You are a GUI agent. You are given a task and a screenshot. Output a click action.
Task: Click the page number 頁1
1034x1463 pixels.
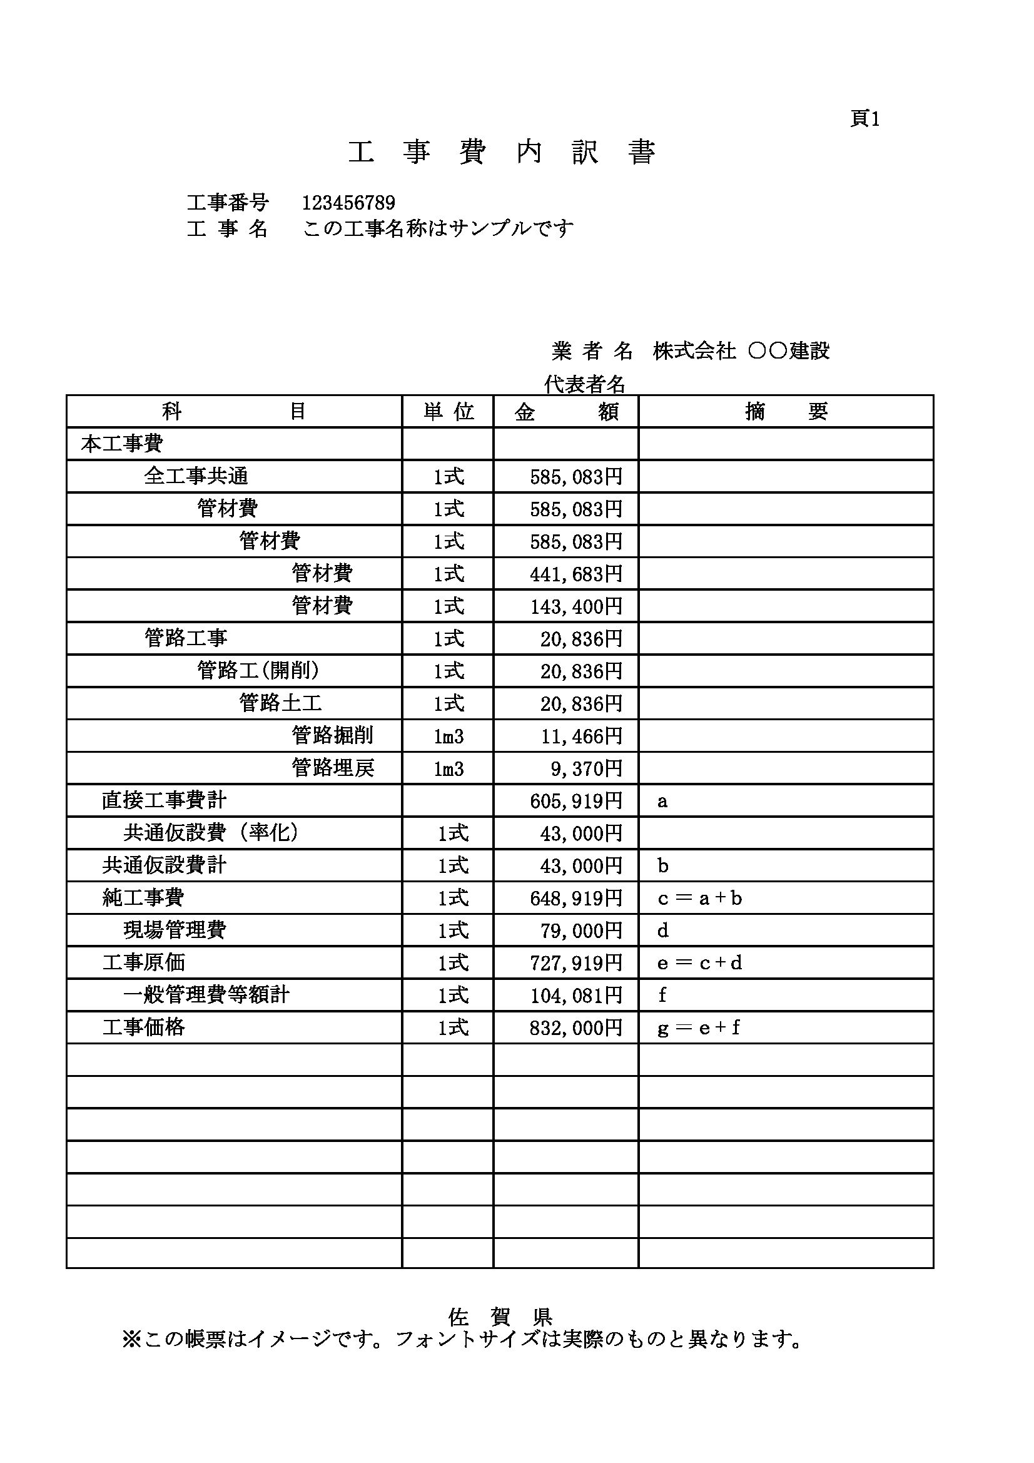864,119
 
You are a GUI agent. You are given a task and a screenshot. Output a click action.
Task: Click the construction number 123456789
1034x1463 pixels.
348,203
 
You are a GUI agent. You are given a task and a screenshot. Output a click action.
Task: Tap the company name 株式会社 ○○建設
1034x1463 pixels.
741,351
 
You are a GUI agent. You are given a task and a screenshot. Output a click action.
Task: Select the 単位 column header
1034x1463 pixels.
449,412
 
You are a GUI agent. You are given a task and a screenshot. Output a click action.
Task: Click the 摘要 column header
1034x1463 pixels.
786,412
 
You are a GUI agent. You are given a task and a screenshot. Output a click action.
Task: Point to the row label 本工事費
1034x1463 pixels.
122,444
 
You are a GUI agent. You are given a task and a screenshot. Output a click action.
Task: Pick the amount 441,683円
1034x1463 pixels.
575,574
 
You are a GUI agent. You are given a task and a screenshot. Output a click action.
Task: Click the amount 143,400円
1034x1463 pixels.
575,606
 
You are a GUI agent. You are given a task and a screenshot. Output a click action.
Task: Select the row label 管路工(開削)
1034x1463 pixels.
258,670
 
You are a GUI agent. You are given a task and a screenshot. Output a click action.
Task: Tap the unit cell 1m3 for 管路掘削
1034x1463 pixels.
449,737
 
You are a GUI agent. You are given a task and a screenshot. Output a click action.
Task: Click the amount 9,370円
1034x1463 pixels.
586,769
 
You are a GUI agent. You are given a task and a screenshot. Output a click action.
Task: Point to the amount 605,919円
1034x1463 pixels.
575,801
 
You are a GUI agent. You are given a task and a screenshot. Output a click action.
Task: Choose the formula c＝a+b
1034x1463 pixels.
699,899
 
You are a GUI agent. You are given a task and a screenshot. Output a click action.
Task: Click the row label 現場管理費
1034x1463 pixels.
175,930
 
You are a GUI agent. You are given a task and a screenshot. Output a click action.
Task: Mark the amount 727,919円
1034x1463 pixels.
575,963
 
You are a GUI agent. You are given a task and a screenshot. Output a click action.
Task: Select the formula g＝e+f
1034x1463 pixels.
698,1028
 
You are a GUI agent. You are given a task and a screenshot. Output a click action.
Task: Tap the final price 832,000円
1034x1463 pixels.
575,1028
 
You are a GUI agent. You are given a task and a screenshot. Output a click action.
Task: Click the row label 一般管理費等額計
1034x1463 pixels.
206,996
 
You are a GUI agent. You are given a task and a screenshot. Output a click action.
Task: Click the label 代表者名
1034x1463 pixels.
584,384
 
